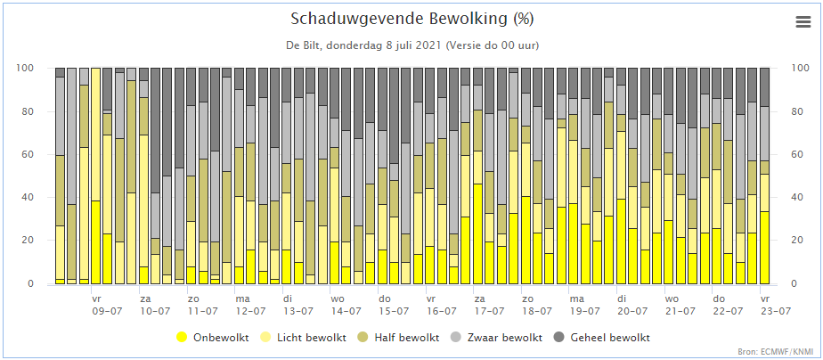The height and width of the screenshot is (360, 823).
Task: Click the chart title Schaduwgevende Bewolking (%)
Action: (412, 19)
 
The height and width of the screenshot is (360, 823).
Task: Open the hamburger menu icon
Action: (803, 21)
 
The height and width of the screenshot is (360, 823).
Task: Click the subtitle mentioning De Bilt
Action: (412, 45)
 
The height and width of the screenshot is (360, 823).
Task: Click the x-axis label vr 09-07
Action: (104, 305)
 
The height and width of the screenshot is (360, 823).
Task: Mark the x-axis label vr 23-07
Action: (774, 305)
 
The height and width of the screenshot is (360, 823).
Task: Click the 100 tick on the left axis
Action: (42, 69)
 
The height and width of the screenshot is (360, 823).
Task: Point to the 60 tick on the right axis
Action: (798, 155)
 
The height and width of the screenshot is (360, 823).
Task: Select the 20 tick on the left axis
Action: (45, 241)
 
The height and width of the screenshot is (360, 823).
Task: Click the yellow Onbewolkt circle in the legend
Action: (182, 338)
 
